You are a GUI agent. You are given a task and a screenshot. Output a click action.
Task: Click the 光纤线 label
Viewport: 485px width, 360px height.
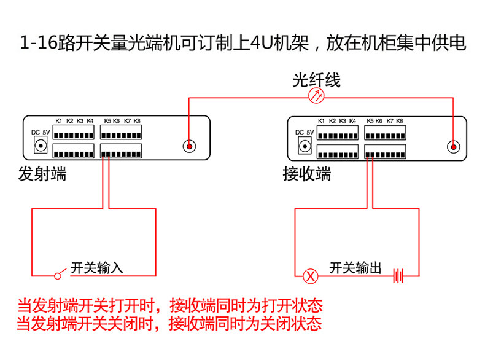point(316,80)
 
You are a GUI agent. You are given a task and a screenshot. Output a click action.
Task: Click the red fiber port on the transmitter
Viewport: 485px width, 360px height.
point(190,147)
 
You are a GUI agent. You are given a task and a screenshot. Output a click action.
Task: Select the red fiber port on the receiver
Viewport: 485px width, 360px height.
point(454,147)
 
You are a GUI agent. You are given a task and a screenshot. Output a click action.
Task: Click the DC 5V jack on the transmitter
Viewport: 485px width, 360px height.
point(41,146)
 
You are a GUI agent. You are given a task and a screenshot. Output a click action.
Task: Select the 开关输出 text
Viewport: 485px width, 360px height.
point(355,268)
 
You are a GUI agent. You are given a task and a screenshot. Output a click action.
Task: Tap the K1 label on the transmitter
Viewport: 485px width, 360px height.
point(59,120)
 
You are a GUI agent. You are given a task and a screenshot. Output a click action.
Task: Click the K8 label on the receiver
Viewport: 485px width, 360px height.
point(400,120)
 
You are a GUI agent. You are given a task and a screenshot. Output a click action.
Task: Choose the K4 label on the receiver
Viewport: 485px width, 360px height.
point(352,120)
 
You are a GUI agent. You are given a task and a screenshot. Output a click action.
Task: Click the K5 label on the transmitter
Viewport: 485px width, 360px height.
point(108,120)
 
